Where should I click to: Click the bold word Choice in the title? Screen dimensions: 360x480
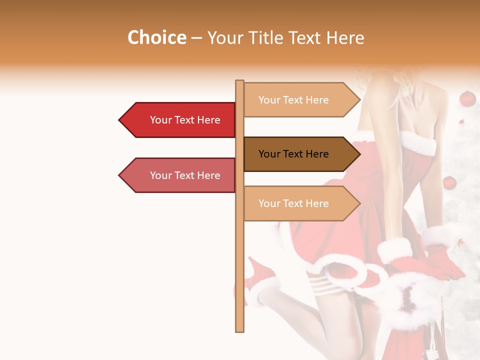[x=156, y=37]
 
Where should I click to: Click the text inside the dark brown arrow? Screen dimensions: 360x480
[x=293, y=154]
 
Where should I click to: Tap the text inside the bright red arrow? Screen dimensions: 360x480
[x=185, y=120]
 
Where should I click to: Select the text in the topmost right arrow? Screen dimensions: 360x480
[x=293, y=100]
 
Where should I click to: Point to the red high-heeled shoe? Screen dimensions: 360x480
[x=260, y=277]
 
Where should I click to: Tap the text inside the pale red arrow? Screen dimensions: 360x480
[x=185, y=175]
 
